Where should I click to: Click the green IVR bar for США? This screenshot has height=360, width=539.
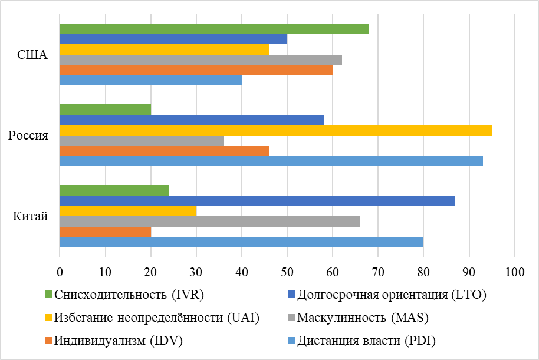tap(215, 28)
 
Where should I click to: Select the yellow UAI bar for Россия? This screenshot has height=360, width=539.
tap(275, 130)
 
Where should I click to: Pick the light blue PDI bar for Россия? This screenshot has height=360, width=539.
tap(271, 161)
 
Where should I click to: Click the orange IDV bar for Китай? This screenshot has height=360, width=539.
tap(106, 232)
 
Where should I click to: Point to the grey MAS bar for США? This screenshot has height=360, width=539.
tap(201, 60)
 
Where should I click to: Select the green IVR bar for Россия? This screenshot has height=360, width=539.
tap(106, 110)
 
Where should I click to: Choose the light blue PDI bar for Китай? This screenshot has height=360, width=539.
tap(241, 242)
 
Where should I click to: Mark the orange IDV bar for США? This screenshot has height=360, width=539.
tap(196, 70)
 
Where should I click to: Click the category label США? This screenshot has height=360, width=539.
tap(32, 55)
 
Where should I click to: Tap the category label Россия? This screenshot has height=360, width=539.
tap(28, 136)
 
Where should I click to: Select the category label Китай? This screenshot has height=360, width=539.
tap(30, 216)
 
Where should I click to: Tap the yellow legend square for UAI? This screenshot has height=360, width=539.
tap(48, 318)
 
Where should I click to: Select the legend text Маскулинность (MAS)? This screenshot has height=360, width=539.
tap(363, 318)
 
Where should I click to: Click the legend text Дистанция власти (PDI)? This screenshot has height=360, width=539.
tap(366, 340)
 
